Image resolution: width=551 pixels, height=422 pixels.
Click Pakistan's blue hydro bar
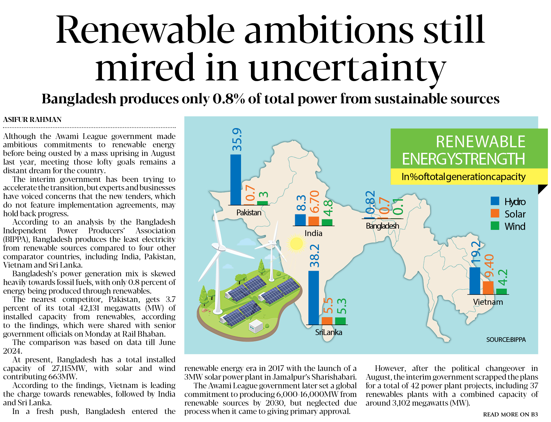coord(235,179)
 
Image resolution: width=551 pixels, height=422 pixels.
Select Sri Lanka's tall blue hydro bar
coord(313,297)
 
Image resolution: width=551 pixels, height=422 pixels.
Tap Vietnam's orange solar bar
coord(488,287)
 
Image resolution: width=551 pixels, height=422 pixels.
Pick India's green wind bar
coord(327,222)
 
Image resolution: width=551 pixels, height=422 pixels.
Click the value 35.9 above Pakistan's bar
coord(237,139)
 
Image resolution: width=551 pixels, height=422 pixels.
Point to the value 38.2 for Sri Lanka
coord(315,256)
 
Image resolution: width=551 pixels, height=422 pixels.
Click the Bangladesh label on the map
coord(382,226)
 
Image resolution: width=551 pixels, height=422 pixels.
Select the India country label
coord(313,233)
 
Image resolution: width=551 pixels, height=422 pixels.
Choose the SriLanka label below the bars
coord(328,332)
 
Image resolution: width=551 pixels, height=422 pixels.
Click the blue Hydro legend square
coord(495,201)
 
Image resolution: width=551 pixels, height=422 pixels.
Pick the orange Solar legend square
coord(495,213)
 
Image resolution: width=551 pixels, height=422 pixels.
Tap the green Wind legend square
coord(495,226)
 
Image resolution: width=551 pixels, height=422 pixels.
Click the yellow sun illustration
coord(296,243)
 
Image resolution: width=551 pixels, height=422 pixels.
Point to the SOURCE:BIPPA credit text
coord(506,340)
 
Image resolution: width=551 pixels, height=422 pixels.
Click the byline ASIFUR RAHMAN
coord(32,119)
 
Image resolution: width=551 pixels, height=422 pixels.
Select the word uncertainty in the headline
coord(347,69)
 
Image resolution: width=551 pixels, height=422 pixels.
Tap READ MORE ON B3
coord(510,414)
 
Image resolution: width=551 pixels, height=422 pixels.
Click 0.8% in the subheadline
coord(229,99)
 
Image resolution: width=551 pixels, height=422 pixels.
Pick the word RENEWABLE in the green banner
coord(481,142)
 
